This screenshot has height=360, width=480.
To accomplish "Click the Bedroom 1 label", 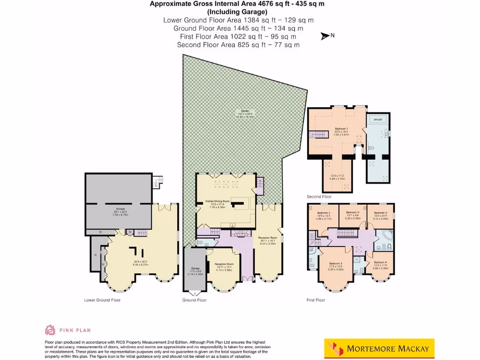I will tap(341, 128).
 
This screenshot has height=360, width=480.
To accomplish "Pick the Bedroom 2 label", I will tap(336, 263).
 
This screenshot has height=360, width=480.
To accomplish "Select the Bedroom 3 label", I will tap(323, 213).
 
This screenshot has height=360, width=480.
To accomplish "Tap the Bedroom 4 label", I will tap(380, 262).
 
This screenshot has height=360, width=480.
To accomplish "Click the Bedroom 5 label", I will tap(380, 213).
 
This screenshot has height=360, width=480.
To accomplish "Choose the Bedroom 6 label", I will tap(352, 213).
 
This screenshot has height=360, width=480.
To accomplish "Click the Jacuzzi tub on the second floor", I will tap(377, 120).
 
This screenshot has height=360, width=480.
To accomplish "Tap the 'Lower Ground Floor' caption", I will tap(102, 300).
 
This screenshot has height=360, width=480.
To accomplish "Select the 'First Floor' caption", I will tap(316, 300).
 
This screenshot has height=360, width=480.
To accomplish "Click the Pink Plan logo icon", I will tap(50, 330).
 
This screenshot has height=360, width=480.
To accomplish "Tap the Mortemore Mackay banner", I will tap(379, 348).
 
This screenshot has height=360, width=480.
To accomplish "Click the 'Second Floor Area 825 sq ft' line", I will tap(238, 45).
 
